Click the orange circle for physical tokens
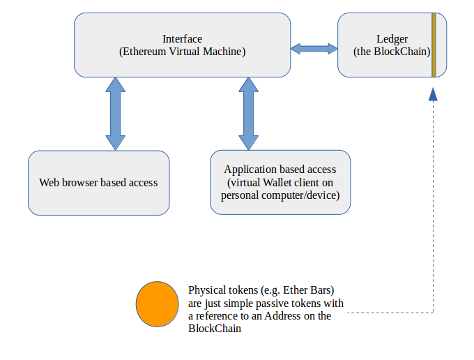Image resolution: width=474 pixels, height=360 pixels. point(158,304)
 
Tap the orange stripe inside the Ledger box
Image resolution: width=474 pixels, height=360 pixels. point(433,45)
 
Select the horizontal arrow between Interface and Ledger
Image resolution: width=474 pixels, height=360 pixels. point(314,48)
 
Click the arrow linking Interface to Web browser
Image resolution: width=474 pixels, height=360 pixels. point(114,113)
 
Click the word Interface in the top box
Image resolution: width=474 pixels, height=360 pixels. point(182,38)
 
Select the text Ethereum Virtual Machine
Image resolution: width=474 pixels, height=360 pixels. point(183,52)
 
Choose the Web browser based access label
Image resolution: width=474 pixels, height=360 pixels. point(98,183)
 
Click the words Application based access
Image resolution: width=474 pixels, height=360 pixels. point(280,170)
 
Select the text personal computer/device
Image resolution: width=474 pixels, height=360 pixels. point(280,195)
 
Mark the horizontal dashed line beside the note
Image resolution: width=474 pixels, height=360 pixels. point(390,313)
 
